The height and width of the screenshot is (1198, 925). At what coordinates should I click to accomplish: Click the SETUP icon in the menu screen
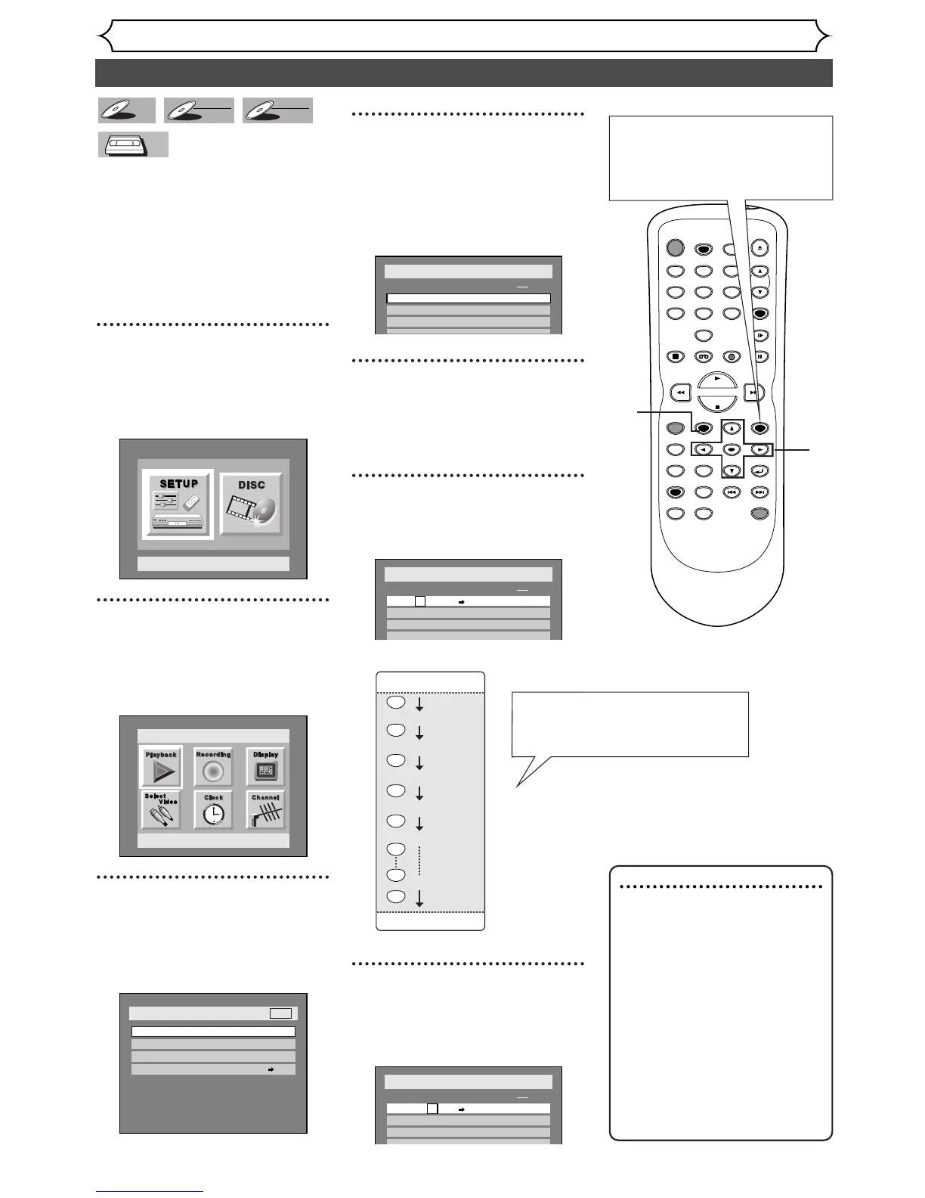[178, 504]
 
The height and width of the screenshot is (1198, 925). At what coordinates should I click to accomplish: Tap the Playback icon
[161, 766]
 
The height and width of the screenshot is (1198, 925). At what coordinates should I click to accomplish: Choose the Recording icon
[213, 766]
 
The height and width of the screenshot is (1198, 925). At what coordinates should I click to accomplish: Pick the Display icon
[265, 766]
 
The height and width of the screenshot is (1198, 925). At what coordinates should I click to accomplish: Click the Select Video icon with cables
[161, 809]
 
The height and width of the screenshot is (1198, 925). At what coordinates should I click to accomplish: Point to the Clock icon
[213, 809]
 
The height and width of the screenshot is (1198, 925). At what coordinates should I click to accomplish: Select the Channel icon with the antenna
[265, 809]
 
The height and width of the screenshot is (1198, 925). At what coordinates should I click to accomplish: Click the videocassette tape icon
[133, 144]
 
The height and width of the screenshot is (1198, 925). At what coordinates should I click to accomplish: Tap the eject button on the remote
[760, 248]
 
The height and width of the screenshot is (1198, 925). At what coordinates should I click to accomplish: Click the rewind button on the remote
[682, 393]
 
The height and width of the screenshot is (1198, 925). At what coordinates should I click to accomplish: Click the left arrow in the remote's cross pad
[703, 449]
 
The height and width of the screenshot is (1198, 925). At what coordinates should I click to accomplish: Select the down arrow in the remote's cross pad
[732, 471]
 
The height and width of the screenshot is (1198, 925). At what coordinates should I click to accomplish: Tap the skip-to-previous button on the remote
[732, 492]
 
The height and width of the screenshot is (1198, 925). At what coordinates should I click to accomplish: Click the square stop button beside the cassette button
[676, 356]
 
